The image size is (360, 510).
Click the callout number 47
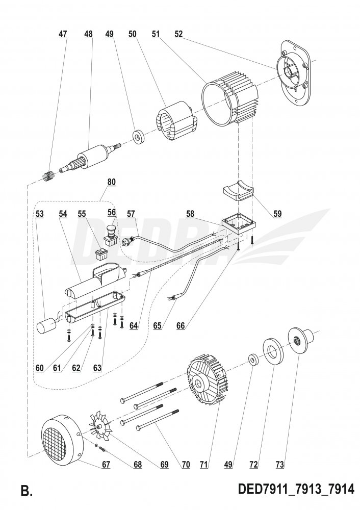point(63,34)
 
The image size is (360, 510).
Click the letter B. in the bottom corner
point(27,491)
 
